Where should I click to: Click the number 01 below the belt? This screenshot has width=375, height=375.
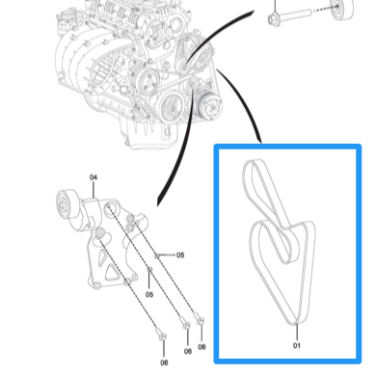297,345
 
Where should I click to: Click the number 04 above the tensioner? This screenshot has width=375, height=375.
94,177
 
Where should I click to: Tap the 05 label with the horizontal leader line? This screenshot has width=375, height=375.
180,255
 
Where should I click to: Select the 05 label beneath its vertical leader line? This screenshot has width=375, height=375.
149,294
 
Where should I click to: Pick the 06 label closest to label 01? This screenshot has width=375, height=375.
201,347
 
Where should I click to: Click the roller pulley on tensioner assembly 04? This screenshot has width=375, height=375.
67,204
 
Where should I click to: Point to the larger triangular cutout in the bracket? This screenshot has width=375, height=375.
111,273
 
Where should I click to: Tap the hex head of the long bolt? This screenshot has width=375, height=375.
273,19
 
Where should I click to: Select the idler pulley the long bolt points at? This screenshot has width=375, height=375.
341,8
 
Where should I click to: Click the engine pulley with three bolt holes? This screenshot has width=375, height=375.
147,80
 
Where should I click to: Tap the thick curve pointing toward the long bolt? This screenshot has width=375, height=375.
215,32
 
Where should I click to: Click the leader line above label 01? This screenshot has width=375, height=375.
297,332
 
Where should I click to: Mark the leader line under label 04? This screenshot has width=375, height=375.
94,190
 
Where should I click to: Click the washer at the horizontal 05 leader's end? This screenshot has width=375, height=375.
157,255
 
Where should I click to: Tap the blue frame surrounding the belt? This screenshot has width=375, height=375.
216,254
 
